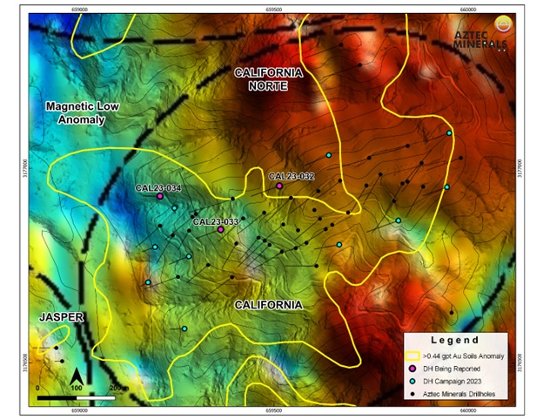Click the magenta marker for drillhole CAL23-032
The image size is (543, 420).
(x=279, y=186)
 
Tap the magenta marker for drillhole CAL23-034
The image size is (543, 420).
(x=160, y=197)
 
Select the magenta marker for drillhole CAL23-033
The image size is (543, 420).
(x=221, y=230)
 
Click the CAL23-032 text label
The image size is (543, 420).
(x=291, y=176)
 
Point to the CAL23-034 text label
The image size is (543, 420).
(x=158, y=187)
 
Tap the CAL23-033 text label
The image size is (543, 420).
(x=216, y=221)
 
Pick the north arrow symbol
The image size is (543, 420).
(x=77, y=376)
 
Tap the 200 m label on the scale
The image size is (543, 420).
(x=116, y=386)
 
